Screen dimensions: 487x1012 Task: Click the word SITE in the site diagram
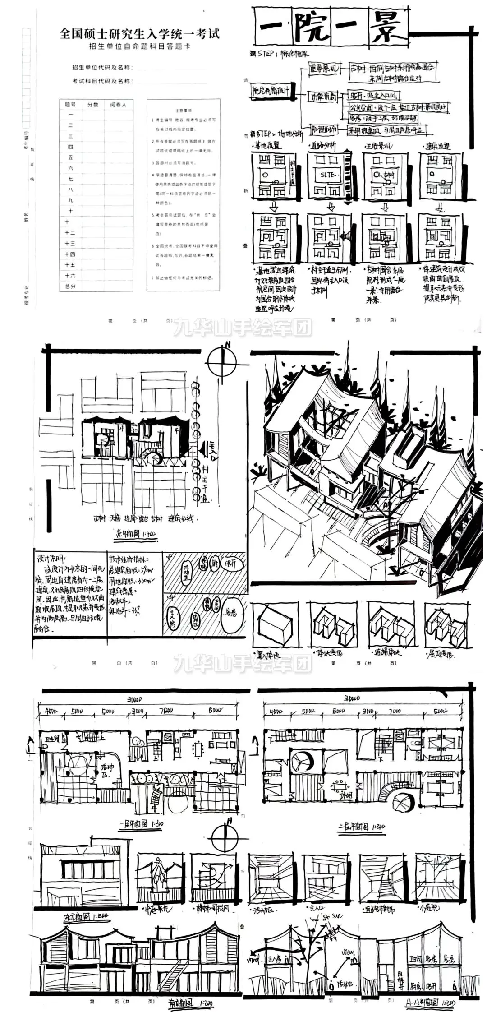[328, 175]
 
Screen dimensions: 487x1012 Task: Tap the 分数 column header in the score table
[93, 104]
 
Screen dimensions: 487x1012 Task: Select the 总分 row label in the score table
[70, 286]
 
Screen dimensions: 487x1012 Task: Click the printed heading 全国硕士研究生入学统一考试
[139, 33]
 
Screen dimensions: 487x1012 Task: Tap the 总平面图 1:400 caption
[135, 536]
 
